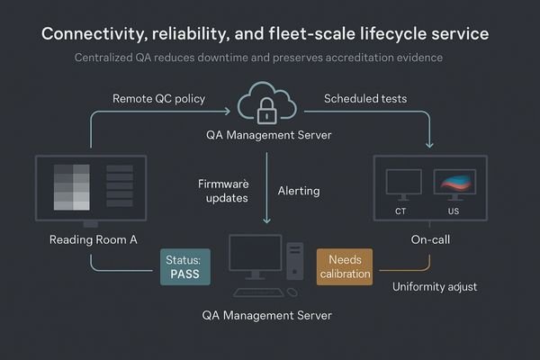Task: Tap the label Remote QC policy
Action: [x=158, y=97]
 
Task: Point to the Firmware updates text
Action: [x=221, y=191]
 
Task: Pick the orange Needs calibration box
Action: [x=344, y=267]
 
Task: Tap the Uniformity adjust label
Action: [x=436, y=287]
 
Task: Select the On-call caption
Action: [x=430, y=241]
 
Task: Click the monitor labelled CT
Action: [x=402, y=184]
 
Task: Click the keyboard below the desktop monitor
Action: [x=259, y=291]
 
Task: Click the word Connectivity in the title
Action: [x=93, y=34]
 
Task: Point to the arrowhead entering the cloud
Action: [x=230, y=112]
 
